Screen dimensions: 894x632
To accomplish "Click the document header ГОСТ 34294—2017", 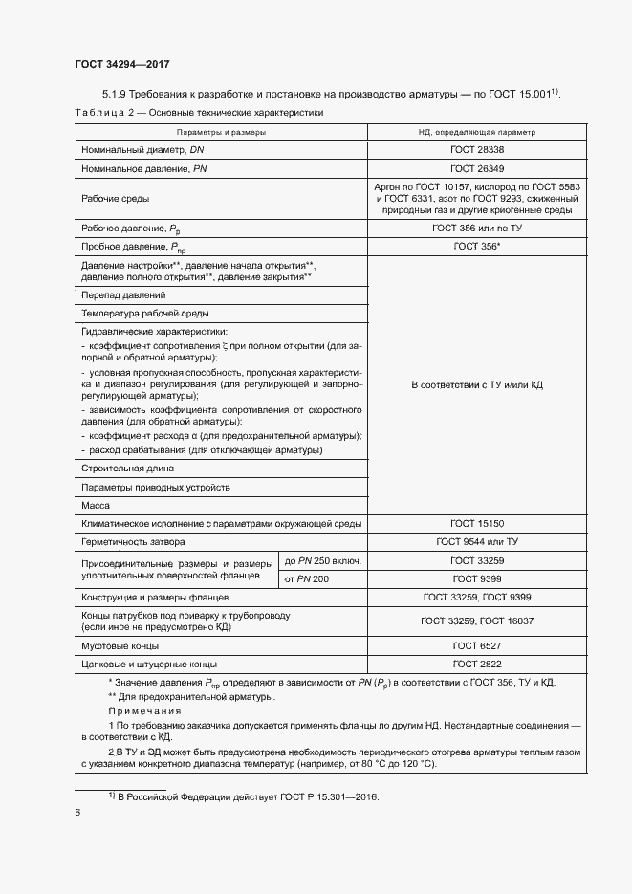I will click(121, 64).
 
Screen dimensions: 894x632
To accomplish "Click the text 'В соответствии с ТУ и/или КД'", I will click(477, 384).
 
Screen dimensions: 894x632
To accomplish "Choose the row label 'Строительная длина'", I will click(127, 469).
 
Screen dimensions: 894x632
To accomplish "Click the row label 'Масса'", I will click(96, 505).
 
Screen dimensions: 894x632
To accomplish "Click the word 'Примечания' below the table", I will click(141, 711).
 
